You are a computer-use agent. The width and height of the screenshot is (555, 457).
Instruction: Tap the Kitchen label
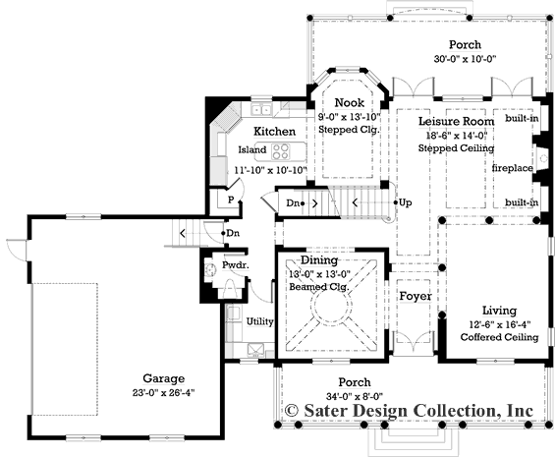pyautogui.click(x=275, y=131)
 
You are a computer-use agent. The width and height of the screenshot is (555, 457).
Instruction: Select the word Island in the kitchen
pyautogui.click(x=252, y=150)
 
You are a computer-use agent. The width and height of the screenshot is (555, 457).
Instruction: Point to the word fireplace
pyautogui.click(x=513, y=168)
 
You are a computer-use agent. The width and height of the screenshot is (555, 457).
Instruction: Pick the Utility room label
pyautogui.click(x=259, y=321)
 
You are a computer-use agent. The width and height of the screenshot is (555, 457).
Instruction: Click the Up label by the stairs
pyautogui.click(x=406, y=202)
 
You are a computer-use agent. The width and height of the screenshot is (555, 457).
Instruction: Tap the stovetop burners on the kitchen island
pyautogui.click(x=282, y=151)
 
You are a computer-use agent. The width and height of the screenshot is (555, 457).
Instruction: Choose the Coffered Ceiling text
pyautogui.click(x=500, y=337)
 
